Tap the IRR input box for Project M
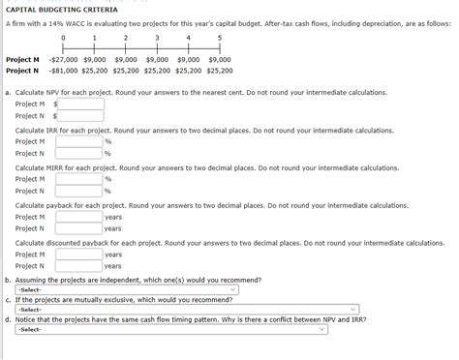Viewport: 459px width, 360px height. [78, 141]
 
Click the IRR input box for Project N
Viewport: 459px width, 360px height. [78, 153]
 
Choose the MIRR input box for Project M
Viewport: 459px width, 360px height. [78, 179]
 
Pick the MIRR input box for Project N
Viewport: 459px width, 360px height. [78, 191]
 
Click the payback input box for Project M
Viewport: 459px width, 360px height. [78, 217]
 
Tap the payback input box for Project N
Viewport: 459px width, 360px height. [78, 228]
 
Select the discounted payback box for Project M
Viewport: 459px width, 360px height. [78, 255]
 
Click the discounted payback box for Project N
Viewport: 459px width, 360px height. [78, 266]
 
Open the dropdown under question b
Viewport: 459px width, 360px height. [126, 289]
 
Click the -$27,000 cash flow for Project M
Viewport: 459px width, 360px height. [63, 58]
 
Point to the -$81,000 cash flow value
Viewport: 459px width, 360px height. [63, 70]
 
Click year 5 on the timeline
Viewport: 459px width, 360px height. [220, 38]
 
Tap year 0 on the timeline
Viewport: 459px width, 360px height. [64, 38]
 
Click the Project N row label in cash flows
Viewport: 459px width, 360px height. [22, 70]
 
